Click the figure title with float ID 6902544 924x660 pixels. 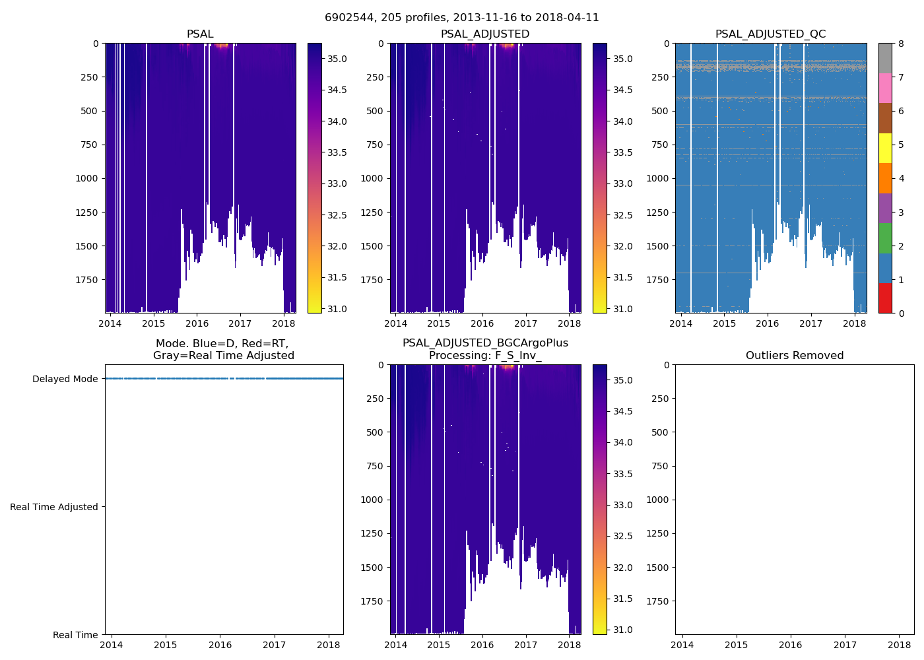pos(462,18)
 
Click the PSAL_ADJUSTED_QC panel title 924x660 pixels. pos(770,34)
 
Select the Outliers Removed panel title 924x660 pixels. pos(795,356)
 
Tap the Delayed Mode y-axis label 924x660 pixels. pos(65,379)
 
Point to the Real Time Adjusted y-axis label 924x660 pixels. pos(54,507)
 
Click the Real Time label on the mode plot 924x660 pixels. pos(75,635)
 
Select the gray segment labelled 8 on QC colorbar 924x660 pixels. pos(885,58)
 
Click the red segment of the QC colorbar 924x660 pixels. pos(885,298)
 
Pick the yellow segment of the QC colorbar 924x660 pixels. pos(885,148)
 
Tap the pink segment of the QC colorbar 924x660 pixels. pos(885,88)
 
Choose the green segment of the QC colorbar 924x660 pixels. pos(885,238)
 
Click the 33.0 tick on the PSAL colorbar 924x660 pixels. pos(337,183)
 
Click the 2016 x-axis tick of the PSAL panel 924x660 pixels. pos(197,323)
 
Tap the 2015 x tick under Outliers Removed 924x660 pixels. pos(737,645)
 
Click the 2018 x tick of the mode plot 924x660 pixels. pos(329,645)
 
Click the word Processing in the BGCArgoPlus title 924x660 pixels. pos(456,356)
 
